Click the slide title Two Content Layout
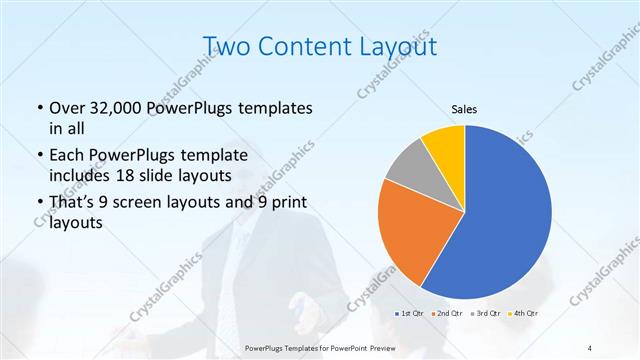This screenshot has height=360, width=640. [x=319, y=46]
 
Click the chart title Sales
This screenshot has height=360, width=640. [x=464, y=108]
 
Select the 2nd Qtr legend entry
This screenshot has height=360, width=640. [x=447, y=313]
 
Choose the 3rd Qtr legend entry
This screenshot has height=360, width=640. [x=484, y=313]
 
